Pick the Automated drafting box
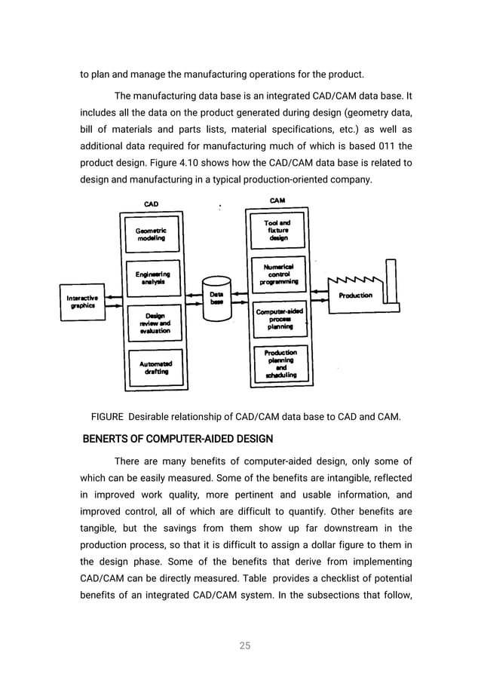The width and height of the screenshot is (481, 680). pos(155,367)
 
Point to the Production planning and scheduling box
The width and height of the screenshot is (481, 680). pos(280,363)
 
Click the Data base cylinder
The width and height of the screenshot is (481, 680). pos(216,299)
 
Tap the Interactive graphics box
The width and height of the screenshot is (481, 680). pos(81,302)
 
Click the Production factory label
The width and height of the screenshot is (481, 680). pos(355,296)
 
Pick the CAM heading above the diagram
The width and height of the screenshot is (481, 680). pos(277,201)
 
